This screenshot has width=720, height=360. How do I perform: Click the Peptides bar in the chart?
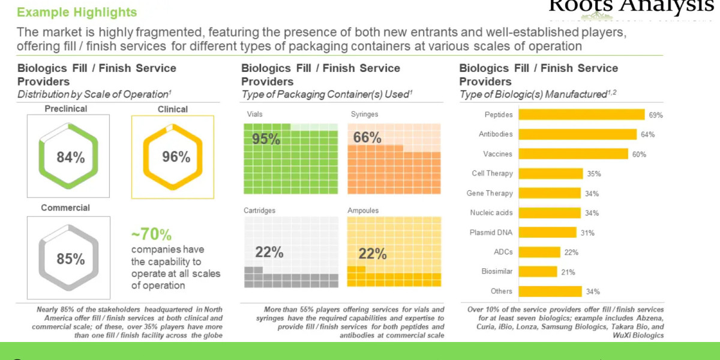(x=581, y=115)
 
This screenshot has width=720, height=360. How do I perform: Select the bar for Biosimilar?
(x=538, y=271)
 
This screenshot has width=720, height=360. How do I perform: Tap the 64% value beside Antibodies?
(x=647, y=134)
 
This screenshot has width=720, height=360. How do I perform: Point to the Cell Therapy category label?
(x=492, y=173)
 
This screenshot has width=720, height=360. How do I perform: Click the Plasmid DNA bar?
(x=547, y=232)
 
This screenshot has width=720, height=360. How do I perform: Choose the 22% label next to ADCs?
(x=571, y=252)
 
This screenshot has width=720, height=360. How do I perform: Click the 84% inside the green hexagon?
(x=70, y=157)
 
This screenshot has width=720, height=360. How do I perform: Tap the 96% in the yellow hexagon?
(x=176, y=157)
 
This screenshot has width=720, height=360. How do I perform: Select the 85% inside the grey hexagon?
(x=70, y=259)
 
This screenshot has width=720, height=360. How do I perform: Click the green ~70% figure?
(x=151, y=234)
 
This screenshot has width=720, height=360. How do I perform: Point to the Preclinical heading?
(x=65, y=109)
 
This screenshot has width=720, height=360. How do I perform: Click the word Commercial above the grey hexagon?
(x=65, y=208)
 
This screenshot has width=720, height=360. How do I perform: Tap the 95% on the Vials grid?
(x=266, y=139)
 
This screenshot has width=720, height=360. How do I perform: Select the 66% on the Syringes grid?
(x=367, y=138)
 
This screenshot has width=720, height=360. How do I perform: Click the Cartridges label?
(x=260, y=211)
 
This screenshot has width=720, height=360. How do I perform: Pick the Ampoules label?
(x=364, y=211)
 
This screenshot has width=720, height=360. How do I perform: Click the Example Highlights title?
(x=77, y=12)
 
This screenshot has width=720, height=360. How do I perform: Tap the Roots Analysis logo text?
(x=630, y=6)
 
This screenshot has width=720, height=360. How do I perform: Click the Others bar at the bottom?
(x=550, y=291)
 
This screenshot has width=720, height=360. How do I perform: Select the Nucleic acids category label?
(x=491, y=212)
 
